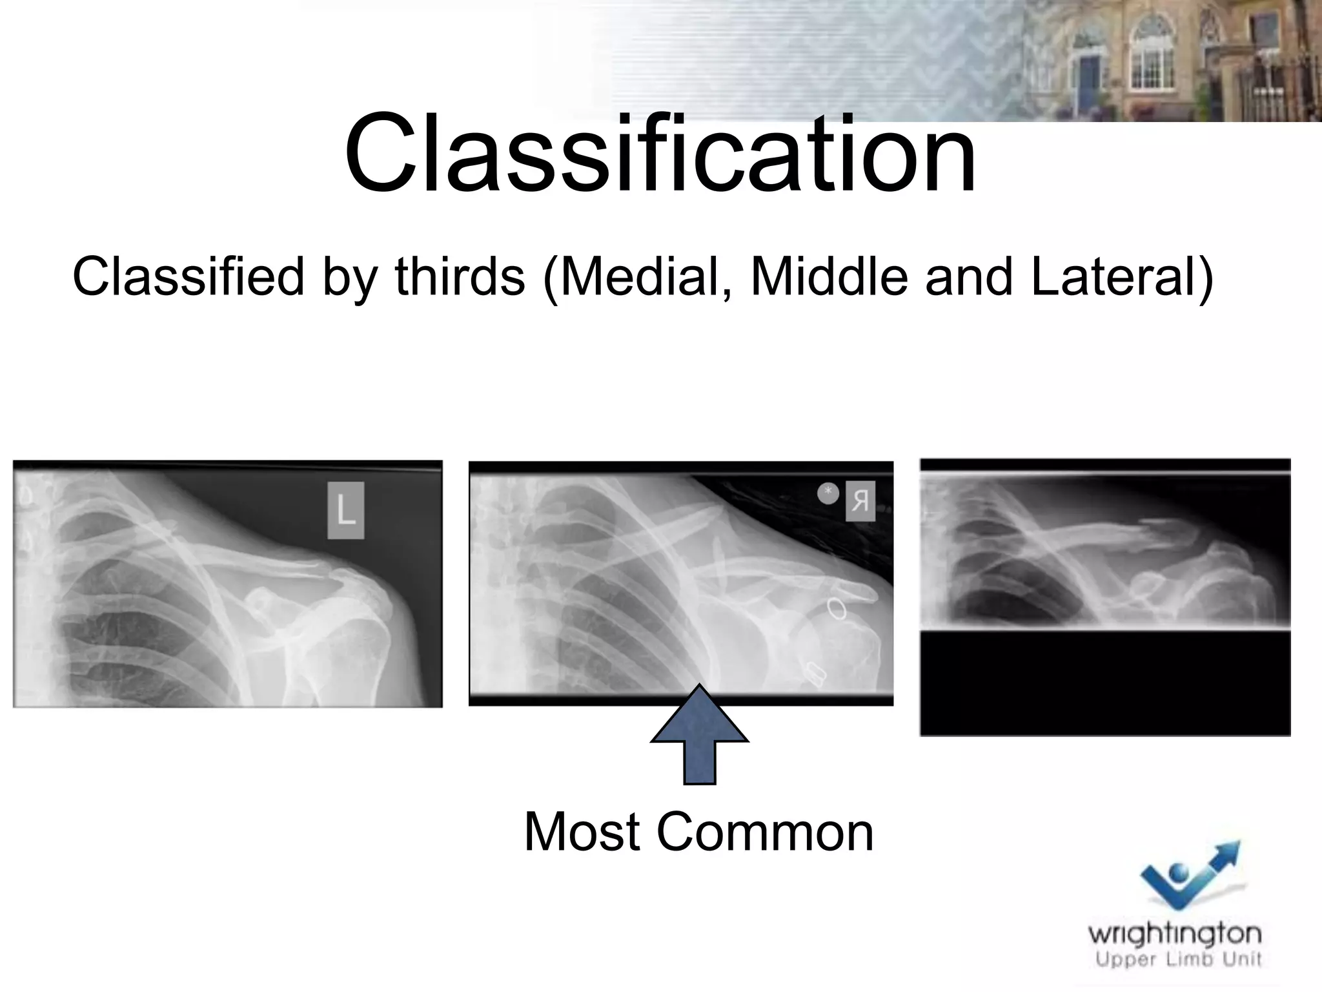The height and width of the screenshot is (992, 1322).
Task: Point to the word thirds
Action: (460, 276)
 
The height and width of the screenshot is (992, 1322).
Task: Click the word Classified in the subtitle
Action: (188, 276)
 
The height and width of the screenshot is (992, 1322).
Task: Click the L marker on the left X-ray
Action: (346, 510)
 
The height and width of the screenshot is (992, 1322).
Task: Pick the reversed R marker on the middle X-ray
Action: (860, 501)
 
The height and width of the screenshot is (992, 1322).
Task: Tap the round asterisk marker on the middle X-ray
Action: (828, 493)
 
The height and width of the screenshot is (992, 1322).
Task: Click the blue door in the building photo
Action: (1090, 76)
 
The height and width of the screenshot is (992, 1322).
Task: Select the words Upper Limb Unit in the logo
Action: (1179, 960)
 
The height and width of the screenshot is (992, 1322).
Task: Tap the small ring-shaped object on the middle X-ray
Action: (837, 608)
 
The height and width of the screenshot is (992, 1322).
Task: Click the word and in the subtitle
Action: (968, 276)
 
